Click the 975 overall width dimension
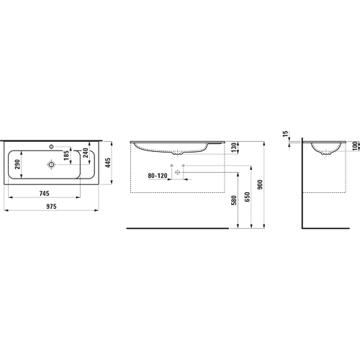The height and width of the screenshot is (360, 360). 51,207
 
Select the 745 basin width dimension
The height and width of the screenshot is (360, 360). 44,193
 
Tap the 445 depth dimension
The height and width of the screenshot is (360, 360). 108,163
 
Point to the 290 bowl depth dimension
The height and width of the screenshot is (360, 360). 17,164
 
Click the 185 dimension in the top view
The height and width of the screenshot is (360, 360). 66,155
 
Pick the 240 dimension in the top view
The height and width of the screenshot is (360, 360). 86,153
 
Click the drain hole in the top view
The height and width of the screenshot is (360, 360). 51,164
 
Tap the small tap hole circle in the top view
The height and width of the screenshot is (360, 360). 51,146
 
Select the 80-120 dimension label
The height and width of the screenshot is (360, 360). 158,176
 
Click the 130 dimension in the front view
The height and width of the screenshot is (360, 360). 233,148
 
